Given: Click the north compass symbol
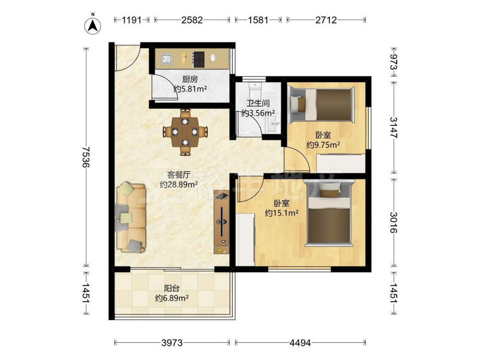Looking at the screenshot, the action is tap(93, 25).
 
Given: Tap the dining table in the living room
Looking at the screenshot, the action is tap(185, 132).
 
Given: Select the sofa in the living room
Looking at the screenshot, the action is tap(131, 217).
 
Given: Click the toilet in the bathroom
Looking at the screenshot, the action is tap(255, 89).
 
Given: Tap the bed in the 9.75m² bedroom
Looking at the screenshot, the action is tap(322, 104).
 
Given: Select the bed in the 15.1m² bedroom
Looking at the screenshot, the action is tap(329, 213).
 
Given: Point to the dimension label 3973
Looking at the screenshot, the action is tap(172, 343).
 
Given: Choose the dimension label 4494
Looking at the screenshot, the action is tap(300, 343).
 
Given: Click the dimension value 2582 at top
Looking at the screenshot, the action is tap(192, 20).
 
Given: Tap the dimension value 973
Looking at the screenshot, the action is tap(394, 63).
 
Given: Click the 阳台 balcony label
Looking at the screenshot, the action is tap(172, 288).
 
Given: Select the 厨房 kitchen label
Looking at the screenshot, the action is tap(190, 79).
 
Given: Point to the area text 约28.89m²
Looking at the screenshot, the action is tap(179, 185).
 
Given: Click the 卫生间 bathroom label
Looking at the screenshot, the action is tap(258, 103).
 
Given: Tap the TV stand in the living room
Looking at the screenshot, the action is tap(221, 222).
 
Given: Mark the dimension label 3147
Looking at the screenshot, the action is tap(394, 128).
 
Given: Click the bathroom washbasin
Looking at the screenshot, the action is tap(273, 123).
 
